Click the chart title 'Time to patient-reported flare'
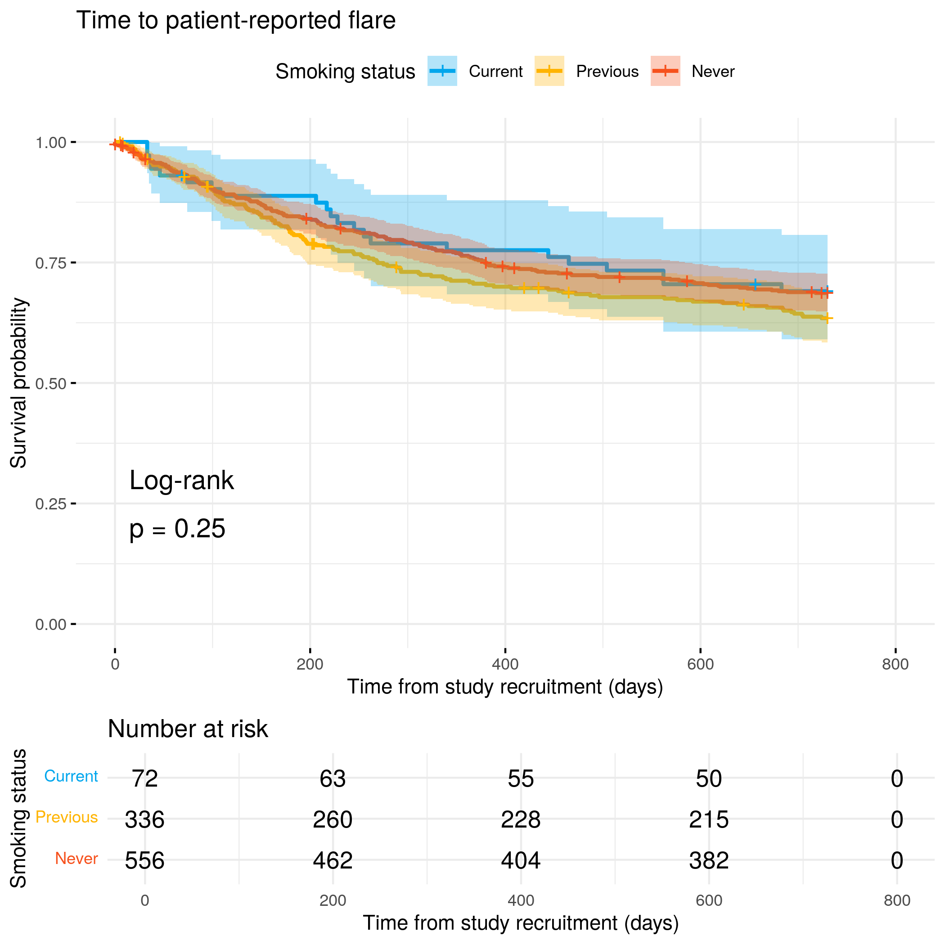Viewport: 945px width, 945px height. click(x=236, y=21)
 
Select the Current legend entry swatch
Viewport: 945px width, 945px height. click(x=442, y=71)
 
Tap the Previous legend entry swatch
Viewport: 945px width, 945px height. click(x=549, y=71)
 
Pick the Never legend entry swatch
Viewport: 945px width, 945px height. click(x=665, y=71)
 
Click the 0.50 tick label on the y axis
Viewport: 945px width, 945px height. click(x=50, y=383)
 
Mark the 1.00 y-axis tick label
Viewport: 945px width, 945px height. click(x=50, y=143)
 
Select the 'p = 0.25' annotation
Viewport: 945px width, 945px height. click(x=177, y=529)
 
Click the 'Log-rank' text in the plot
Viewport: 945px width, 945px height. click(x=181, y=480)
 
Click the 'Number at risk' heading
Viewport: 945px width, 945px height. click(x=188, y=729)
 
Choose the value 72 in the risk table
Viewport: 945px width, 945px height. click(x=145, y=778)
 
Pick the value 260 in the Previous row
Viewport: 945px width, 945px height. click(x=333, y=819)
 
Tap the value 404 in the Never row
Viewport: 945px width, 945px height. click(x=521, y=860)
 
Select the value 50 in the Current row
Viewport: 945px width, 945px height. click(x=709, y=778)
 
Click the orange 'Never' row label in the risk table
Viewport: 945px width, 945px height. click(x=76, y=859)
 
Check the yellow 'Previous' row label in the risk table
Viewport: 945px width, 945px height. click(x=67, y=817)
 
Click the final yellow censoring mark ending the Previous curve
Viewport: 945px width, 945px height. click(x=827, y=319)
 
